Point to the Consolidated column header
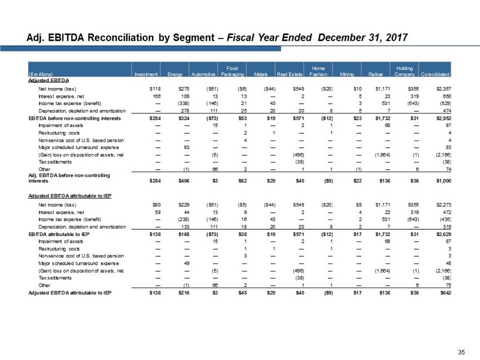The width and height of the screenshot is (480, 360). tap(433, 74)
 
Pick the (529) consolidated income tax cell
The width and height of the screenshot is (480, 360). tap(442, 104)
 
